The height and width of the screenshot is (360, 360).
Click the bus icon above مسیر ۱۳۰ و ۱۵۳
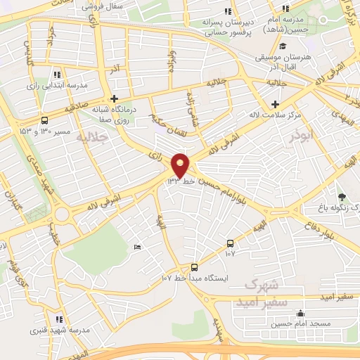pyautogui.click(x=46, y=120)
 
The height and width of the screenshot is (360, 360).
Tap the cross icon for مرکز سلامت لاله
pyautogui.click(x=275, y=105)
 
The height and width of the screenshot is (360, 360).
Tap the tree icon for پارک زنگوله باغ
pyautogui.click(x=342, y=196)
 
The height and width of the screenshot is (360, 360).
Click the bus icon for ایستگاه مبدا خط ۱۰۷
pyautogui.click(x=195, y=267)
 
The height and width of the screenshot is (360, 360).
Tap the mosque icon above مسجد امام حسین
pyautogui.click(x=301, y=314)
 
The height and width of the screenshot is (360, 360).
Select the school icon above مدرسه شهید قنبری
pyautogui.click(x=60, y=319)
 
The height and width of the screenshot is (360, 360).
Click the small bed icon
pyautogui.click(x=137, y=246)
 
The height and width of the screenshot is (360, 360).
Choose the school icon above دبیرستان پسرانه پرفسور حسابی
pyautogui.click(x=226, y=11)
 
